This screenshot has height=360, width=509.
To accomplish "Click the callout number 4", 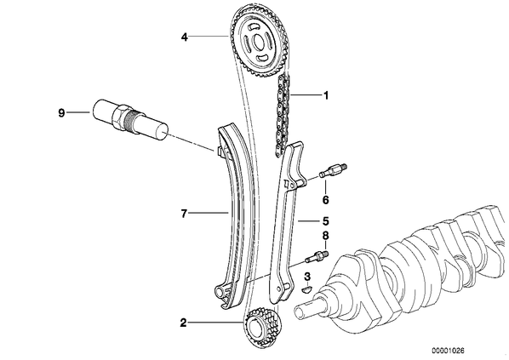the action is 185,37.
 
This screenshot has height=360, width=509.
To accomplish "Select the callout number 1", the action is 326,95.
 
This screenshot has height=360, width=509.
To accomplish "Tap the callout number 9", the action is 61,113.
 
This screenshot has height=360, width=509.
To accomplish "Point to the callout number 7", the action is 184,214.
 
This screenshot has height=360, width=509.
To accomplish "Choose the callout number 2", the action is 183,323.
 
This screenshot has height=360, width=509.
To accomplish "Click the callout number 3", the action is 307,277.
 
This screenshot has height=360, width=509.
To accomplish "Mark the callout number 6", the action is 325,200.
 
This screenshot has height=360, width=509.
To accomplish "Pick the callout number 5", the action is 326,221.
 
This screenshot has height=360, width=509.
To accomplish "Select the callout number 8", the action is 325,236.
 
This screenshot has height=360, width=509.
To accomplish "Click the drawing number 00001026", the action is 448,351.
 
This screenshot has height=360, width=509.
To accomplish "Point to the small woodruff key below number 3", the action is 306,289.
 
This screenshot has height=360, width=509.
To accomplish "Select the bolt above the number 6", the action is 333,170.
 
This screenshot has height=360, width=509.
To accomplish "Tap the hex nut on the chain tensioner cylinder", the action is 119,117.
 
